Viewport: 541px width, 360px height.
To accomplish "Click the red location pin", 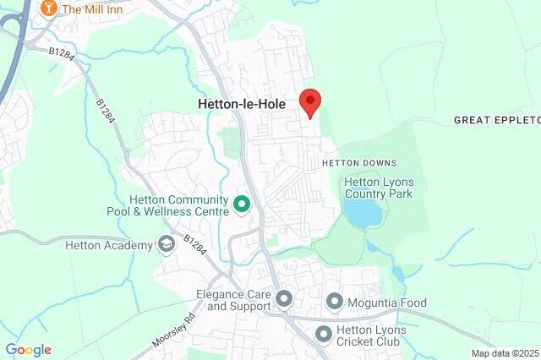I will coord(310,101).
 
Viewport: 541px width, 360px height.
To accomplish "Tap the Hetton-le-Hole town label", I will coord(241,104).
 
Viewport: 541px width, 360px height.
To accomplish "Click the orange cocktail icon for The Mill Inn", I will coord(48,8).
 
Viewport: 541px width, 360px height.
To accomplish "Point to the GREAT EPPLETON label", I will coord(496,120).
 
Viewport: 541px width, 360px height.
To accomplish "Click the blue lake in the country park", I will coord(364,214).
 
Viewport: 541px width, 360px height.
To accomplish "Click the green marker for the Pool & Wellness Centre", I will coord(242,204).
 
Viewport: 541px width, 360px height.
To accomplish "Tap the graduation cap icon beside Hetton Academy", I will coord(167,245).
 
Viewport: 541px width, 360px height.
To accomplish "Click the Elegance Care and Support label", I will coord(231,301).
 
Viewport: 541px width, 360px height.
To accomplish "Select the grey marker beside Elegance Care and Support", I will coord(284,299).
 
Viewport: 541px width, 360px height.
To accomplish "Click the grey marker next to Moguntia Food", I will coord(335,301).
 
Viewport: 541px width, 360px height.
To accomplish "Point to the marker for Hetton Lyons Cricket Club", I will coord(322,335).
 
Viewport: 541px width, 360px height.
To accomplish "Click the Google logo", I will coord(29,350).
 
